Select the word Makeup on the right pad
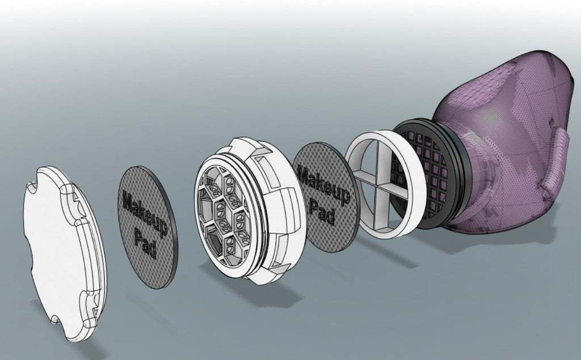324,185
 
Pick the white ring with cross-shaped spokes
385,184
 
